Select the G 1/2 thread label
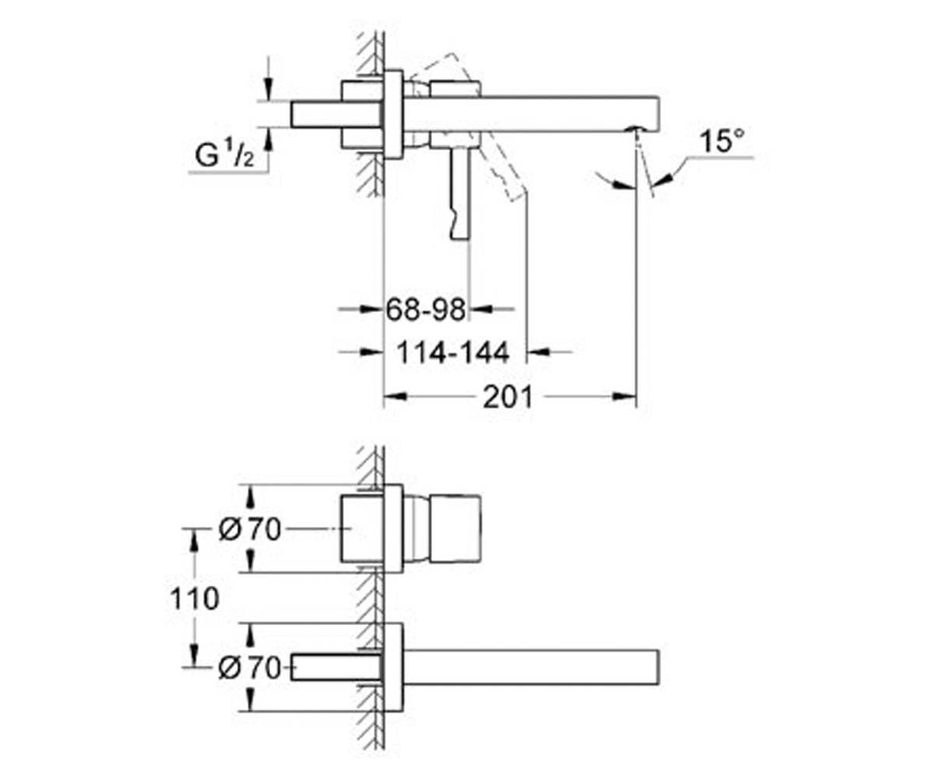[x=225, y=154]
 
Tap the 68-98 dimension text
[x=426, y=310]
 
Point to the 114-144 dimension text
[x=453, y=352]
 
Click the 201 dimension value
[x=507, y=397]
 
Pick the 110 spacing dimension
[x=195, y=598]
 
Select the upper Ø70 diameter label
[x=250, y=529]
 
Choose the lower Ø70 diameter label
[x=250, y=668]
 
